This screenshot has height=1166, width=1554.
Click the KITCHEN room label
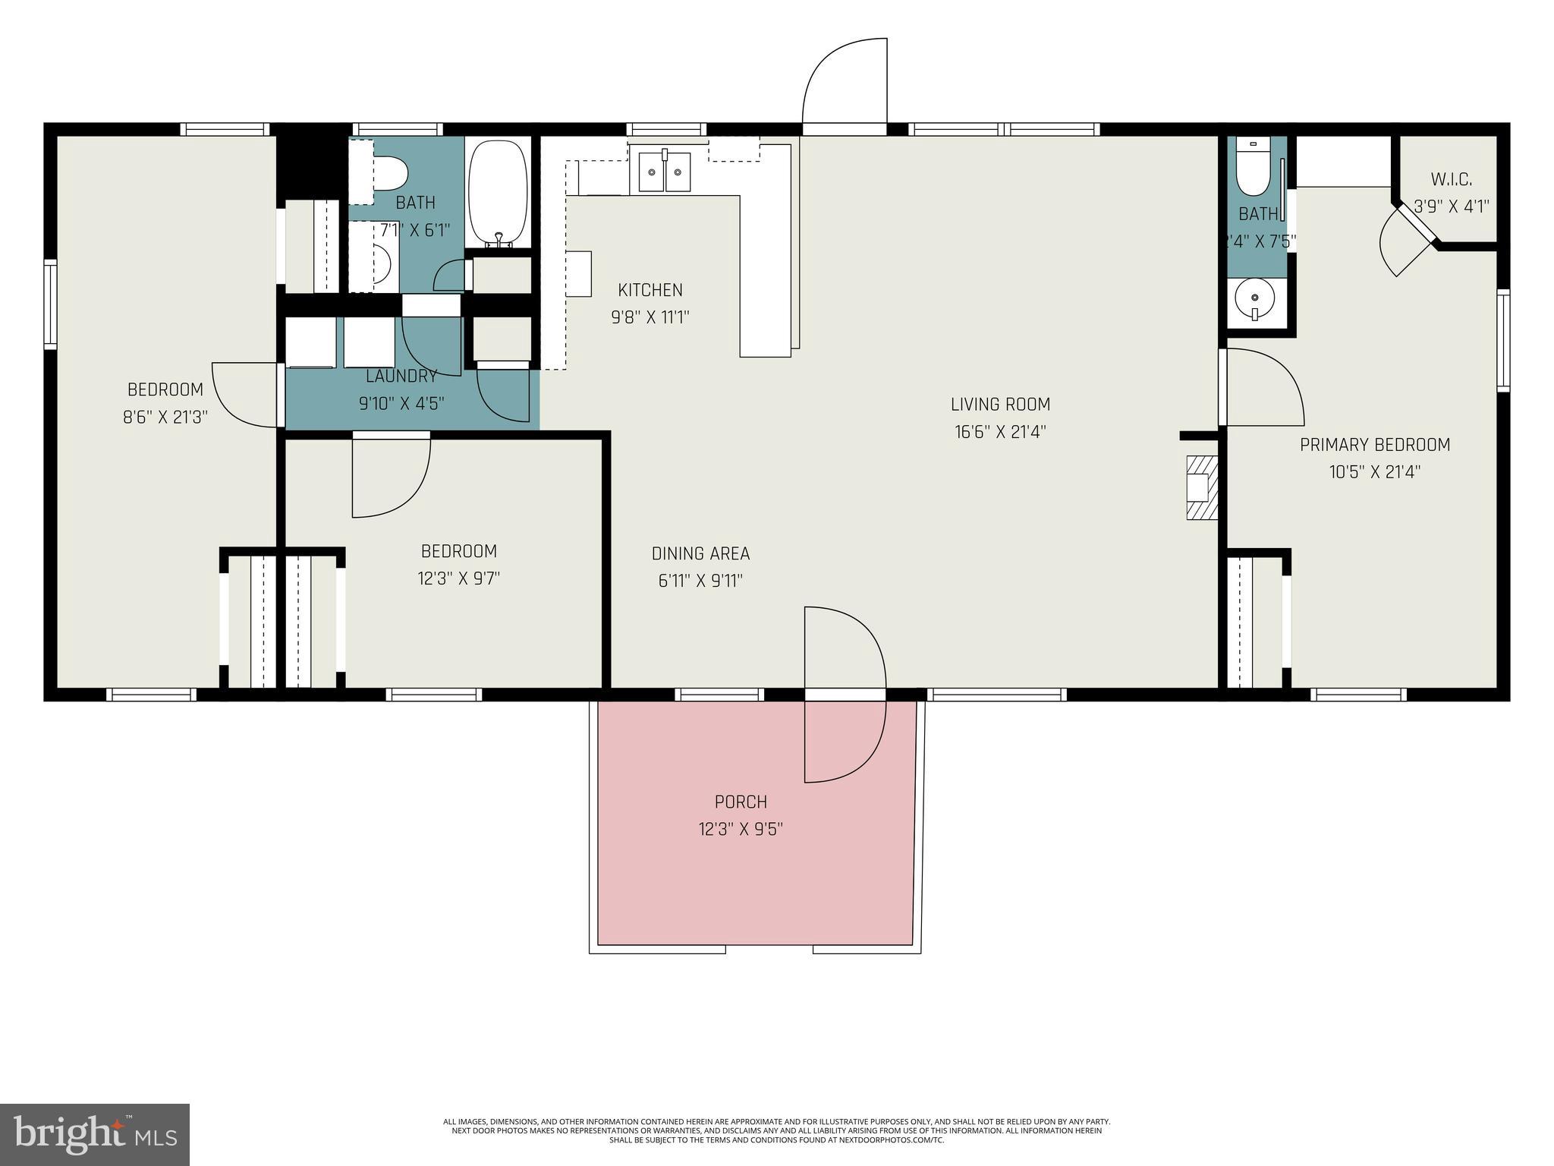[650, 290]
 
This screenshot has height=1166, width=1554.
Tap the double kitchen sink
[665, 172]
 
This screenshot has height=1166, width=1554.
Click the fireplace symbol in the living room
[1202, 487]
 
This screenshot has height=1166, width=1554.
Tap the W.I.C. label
[1451, 180]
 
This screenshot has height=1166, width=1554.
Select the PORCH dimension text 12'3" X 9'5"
[740, 829]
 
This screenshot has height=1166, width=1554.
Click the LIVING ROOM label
[1000, 405]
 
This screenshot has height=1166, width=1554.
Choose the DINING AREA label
[700, 554]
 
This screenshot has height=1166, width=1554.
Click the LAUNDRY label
[401, 377]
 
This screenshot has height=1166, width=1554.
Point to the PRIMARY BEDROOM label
[1374, 445]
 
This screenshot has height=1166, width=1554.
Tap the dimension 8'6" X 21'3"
[165, 417]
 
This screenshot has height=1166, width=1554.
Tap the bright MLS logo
[95, 1134]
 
